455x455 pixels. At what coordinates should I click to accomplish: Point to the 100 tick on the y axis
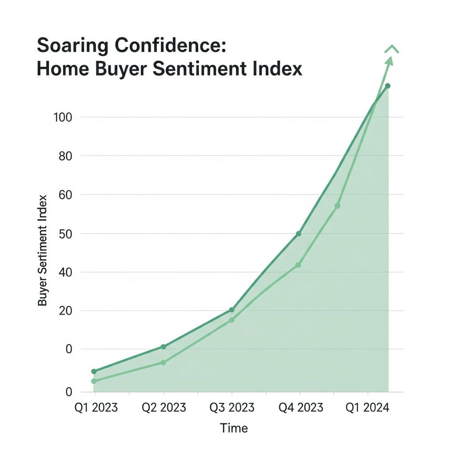pyautogui.click(x=63, y=117)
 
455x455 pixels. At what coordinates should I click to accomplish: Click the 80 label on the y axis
pyautogui.click(x=65, y=156)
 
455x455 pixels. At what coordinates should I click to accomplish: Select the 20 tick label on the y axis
pyautogui.click(x=65, y=311)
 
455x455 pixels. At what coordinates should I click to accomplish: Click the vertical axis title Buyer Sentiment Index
pyautogui.click(x=43, y=251)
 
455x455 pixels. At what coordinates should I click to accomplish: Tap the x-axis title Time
pyautogui.click(x=234, y=428)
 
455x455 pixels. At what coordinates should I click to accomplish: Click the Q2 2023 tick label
pyautogui.click(x=164, y=407)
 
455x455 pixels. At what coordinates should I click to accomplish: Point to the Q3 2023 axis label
pyautogui.click(x=232, y=407)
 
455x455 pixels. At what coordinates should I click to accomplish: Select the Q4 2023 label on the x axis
pyautogui.click(x=300, y=407)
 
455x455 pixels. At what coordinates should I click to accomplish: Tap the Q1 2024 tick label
pyautogui.click(x=368, y=407)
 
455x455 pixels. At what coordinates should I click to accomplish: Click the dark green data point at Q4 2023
pyautogui.click(x=299, y=233)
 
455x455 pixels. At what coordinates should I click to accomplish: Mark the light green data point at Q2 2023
pyautogui.click(x=163, y=363)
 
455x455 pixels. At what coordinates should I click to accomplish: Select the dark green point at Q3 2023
pyautogui.click(x=231, y=310)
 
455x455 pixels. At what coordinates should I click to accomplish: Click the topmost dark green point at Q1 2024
pyautogui.click(x=387, y=86)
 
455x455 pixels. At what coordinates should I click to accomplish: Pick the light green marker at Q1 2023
pyautogui.click(x=94, y=381)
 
